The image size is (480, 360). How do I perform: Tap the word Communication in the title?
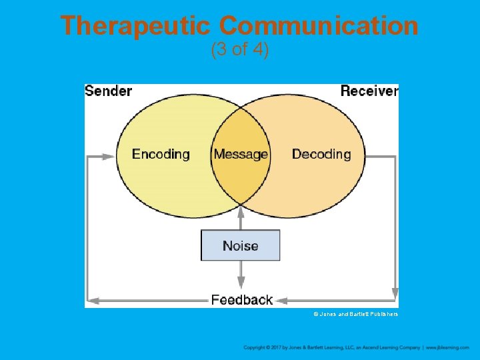pyautogui.click(x=319, y=26)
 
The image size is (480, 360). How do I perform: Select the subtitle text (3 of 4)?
pyautogui.click(x=239, y=50)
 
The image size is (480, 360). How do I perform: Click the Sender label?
pyautogui.click(x=109, y=91)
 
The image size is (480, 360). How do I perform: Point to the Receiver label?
pyautogui.click(x=369, y=91)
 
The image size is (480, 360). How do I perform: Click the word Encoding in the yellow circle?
pyautogui.click(x=161, y=154)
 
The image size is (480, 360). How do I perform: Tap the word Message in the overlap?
pyautogui.click(x=241, y=154)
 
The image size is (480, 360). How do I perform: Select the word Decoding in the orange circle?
pyautogui.click(x=321, y=154)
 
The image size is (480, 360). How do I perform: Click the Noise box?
pyautogui.click(x=241, y=245)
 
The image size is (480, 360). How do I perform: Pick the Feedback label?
pyautogui.click(x=242, y=300)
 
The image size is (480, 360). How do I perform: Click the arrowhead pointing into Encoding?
pyautogui.click(x=109, y=157)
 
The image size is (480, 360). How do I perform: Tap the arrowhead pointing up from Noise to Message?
pyautogui.click(x=241, y=210)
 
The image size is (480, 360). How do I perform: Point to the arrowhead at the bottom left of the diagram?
pyautogui.click(x=93, y=300)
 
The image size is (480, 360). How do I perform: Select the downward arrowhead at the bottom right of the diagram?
pyautogui.click(x=395, y=294)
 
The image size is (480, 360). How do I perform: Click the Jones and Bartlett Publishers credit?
pyautogui.click(x=355, y=314)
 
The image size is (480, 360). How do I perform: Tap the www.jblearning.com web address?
pyautogui.click(x=448, y=347)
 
